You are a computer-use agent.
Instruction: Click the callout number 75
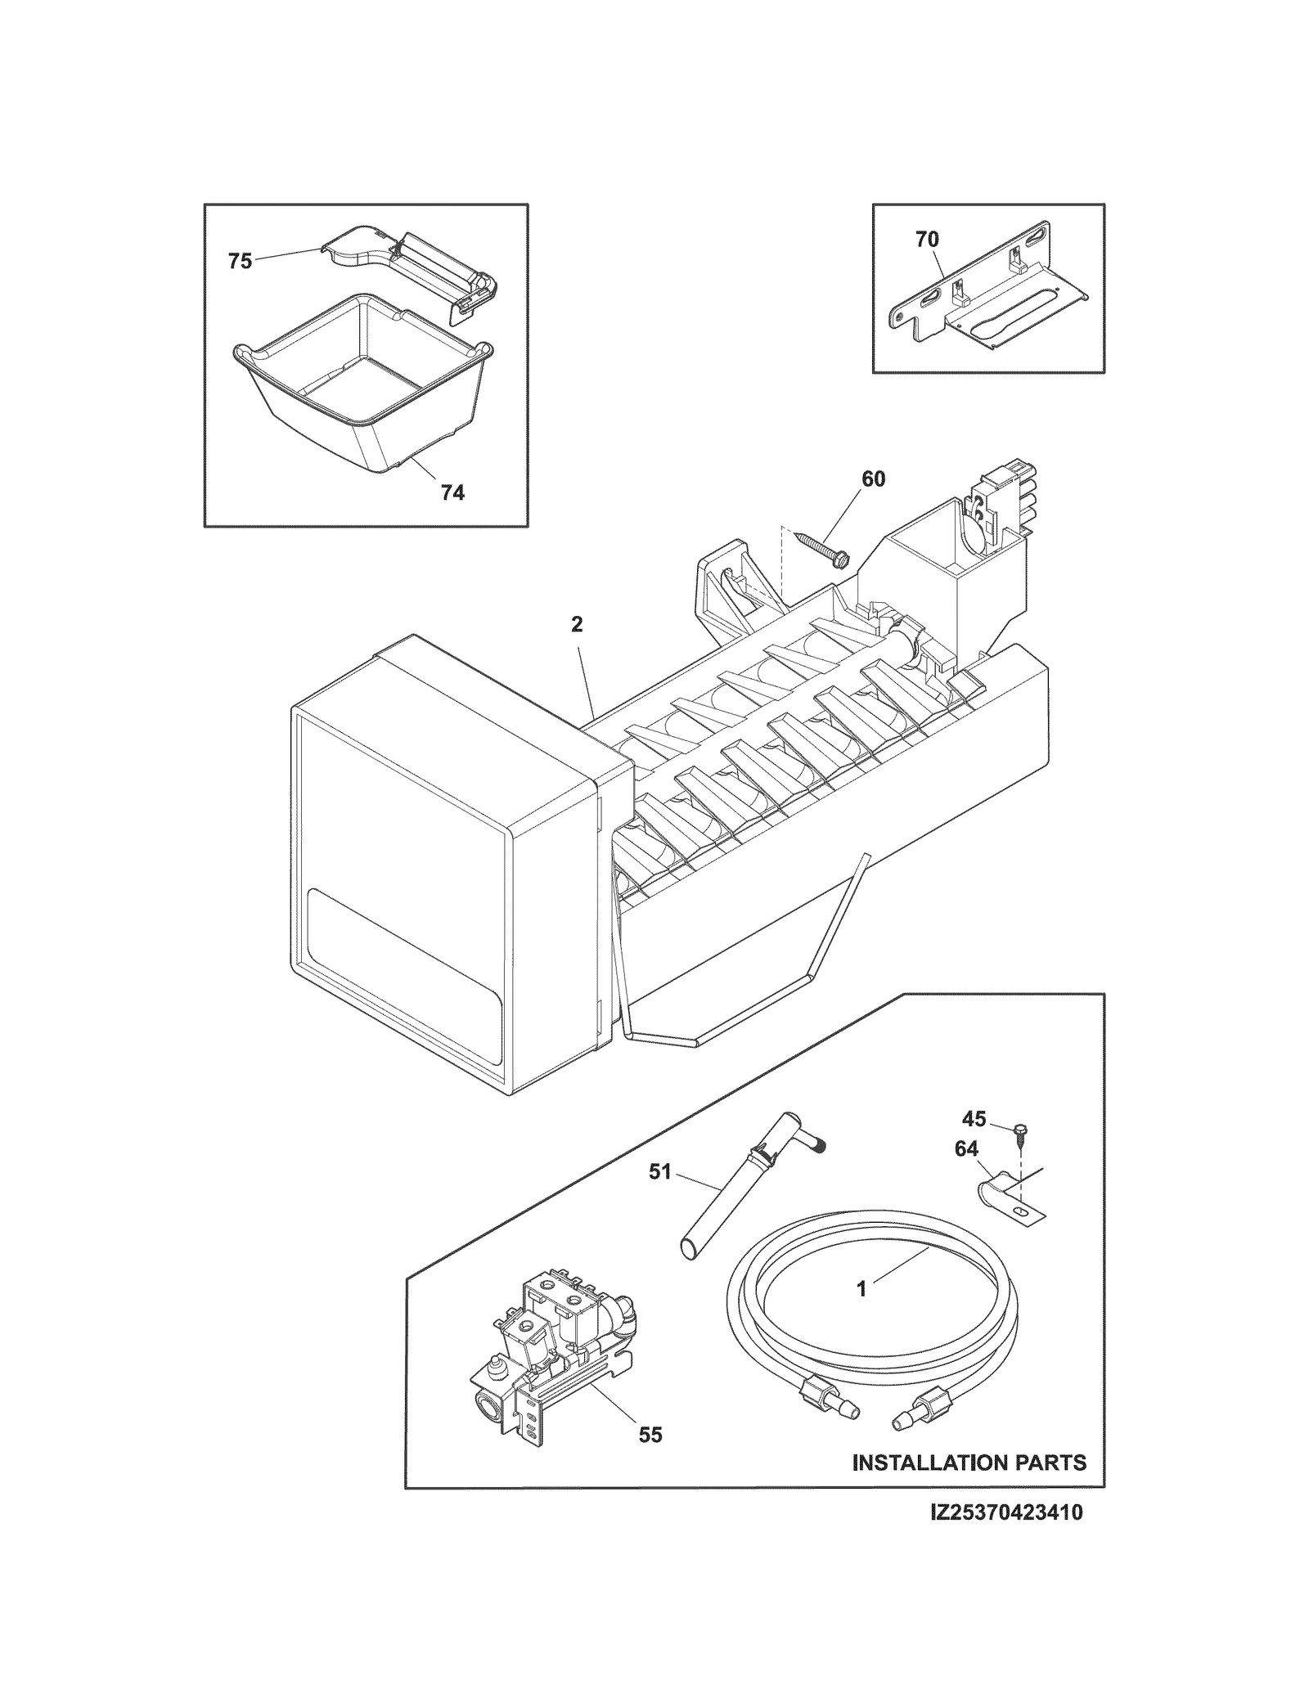tap(240, 262)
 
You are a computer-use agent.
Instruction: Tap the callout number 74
tap(452, 492)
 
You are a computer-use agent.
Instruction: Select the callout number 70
tap(927, 240)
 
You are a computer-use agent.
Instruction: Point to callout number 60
tap(873, 479)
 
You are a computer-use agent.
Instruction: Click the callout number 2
tap(577, 624)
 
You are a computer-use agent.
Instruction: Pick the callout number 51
tap(659, 1172)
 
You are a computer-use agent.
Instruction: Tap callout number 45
tap(974, 1118)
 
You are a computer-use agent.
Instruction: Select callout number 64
tap(966, 1149)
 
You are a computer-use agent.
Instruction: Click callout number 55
tap(650, 1435)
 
